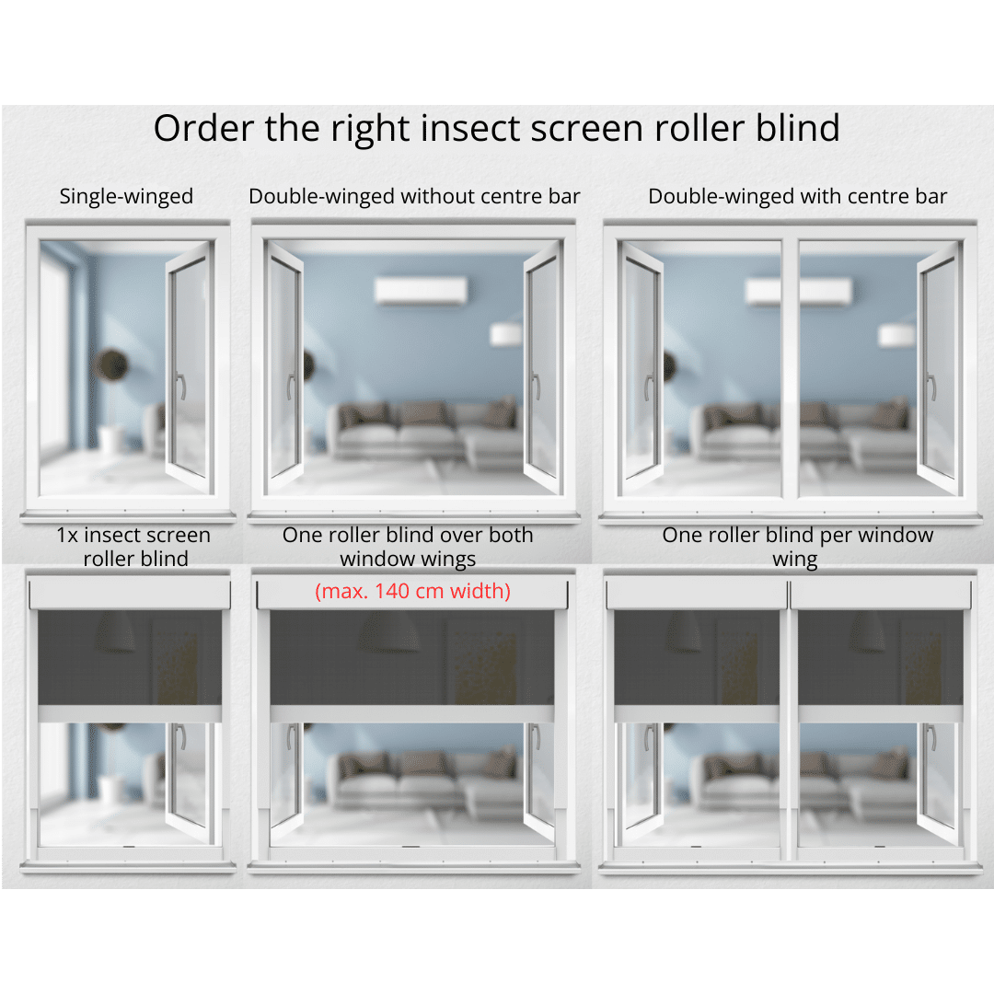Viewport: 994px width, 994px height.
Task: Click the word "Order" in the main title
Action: pos(203,128)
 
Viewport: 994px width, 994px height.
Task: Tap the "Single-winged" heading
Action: pos(126,197)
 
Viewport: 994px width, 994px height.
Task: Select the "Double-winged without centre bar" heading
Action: pos(414,197)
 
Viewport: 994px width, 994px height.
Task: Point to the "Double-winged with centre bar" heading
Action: pos(797,197)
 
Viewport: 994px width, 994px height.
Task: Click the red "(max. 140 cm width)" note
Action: pos(412,592)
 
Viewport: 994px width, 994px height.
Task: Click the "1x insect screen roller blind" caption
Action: pos(133,547)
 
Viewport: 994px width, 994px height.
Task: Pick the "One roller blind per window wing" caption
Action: pos(797,547)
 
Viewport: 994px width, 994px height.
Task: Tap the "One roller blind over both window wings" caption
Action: pos(408,547)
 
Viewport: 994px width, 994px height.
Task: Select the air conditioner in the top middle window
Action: pos(421,291)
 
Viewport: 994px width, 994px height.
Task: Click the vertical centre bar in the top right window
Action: pos(790,367)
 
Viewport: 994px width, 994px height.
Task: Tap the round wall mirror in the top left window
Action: pos(111,365)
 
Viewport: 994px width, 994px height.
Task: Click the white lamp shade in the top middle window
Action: pos(507,334)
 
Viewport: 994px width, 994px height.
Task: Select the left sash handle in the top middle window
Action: pos(291,387)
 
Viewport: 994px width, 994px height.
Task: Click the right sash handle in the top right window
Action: pos(930,387)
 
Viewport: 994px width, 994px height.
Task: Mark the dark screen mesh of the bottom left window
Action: pos(130,657)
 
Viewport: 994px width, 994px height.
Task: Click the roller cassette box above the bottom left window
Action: pos(130,595)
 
